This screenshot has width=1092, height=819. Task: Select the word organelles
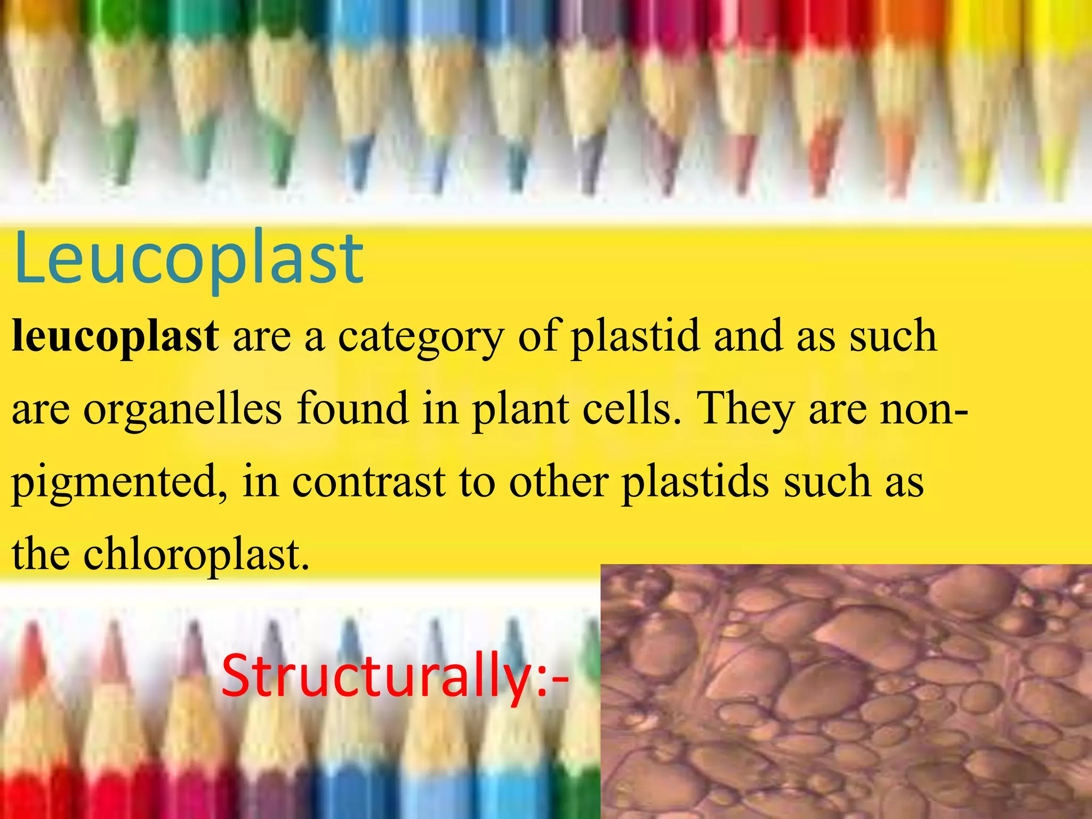coord(182,409)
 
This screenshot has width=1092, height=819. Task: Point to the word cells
coord(632,409)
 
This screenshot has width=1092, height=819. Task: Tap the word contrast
coord(368,481)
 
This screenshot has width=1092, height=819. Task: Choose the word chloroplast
coord(196,555)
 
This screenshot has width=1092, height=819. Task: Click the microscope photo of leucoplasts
coord(846,691)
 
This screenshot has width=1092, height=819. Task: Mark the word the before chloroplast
coord(41,554)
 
